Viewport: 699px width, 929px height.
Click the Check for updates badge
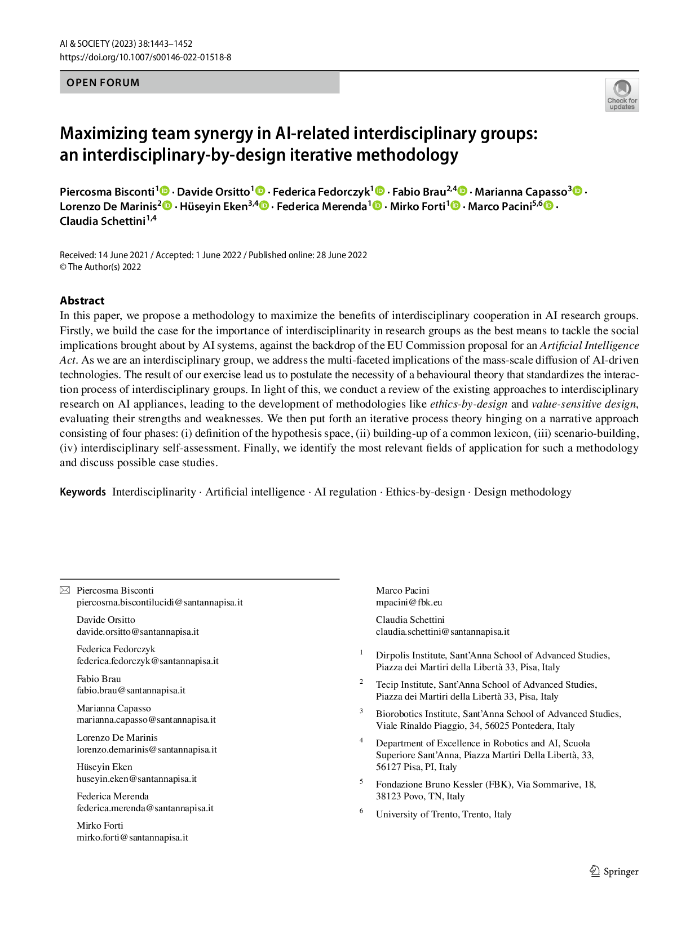[622, 95]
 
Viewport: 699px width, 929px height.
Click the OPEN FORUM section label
[103, 83]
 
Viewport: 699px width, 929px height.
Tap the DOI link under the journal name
[145, 57]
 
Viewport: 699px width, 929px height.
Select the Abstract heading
[82, 300]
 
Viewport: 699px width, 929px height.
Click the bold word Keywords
[83, 492]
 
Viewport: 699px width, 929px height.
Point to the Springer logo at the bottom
[614, 872]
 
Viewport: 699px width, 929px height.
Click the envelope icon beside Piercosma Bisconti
[65, 590]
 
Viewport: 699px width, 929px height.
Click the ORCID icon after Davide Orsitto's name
[260, 191]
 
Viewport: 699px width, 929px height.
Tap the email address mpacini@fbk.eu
[409, 603]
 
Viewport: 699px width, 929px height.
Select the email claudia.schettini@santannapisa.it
[443, 632]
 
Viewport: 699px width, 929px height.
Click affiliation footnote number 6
[361, 811]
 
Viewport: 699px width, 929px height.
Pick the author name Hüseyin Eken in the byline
[214, 206]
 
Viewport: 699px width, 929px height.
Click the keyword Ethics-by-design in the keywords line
[425, 492]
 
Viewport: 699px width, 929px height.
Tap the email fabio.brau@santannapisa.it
[131, 691]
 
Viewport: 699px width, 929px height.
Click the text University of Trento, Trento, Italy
[444, 814]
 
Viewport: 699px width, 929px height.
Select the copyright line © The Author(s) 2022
[100, 267]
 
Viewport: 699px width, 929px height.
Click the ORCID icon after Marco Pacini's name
[548, 206]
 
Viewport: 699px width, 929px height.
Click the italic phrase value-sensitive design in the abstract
[583, 404]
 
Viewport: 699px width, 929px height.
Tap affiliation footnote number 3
[361, 711]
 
